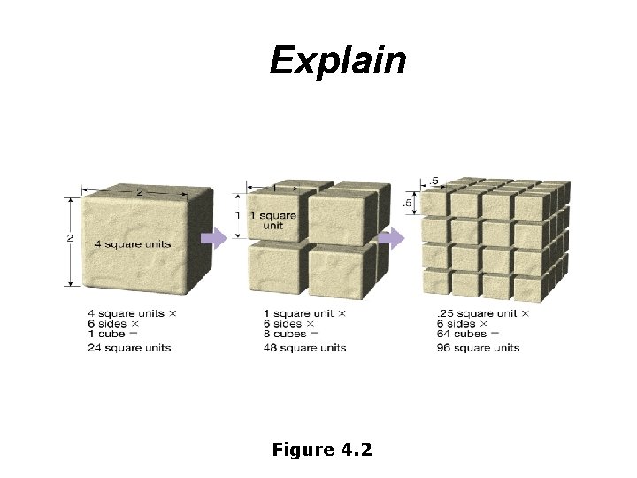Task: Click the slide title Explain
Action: tap(338, 61)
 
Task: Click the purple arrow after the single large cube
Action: tap(214, 238)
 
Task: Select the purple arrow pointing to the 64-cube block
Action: tap(392, 238)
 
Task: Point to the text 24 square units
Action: tap(129, 348)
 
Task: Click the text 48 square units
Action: tap(304, 348)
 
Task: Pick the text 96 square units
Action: tap(479, 348)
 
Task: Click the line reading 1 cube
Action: tap(107, 333)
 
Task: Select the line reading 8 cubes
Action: tap(285, 333)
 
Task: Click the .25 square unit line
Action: tap(482, 313)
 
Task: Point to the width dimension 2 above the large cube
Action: tap(138, 190)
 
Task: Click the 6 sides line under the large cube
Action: tap(109, 323)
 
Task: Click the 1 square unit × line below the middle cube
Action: tap(304, 313)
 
